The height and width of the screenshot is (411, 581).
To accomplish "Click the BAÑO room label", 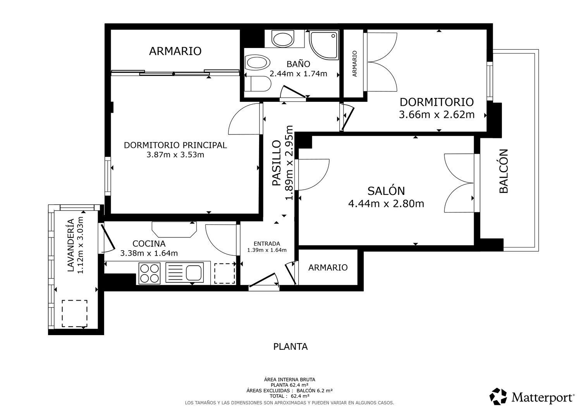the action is tap(298, 64).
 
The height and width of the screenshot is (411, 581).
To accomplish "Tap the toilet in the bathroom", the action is tap(258, 84).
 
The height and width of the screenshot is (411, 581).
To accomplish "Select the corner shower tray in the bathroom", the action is tap(324, 46).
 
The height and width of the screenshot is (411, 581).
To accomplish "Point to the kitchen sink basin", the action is tap(194, 273).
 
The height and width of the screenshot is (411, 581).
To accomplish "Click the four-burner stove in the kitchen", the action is tap(150, 273).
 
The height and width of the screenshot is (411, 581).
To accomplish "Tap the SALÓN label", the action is tap(386, 191).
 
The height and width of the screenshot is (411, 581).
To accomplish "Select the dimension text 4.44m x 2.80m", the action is tap(386, 204).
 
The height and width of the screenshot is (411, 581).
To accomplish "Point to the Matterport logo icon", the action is tap(498, 396).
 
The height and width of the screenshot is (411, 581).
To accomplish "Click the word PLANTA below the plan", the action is tap(290, 347).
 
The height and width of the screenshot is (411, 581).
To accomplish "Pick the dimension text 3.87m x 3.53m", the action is tap(175, 155).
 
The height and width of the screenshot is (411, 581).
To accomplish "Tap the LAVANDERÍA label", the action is tap(71, 245).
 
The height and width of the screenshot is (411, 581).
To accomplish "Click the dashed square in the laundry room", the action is tap(74, 314).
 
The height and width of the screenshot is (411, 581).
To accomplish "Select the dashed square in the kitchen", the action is tap(225, 273).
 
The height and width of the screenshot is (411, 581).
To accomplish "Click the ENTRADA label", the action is tap(266, 244).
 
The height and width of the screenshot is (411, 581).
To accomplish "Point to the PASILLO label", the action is tap(277, 163).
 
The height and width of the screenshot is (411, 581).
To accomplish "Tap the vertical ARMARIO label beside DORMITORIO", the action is tap(354, 64).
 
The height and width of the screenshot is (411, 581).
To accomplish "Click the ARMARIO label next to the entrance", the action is tap(328, 268).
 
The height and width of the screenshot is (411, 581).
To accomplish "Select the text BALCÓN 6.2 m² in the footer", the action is tap(315, 390).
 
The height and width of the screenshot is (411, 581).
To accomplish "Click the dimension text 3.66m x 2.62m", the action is tap(437, 115).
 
